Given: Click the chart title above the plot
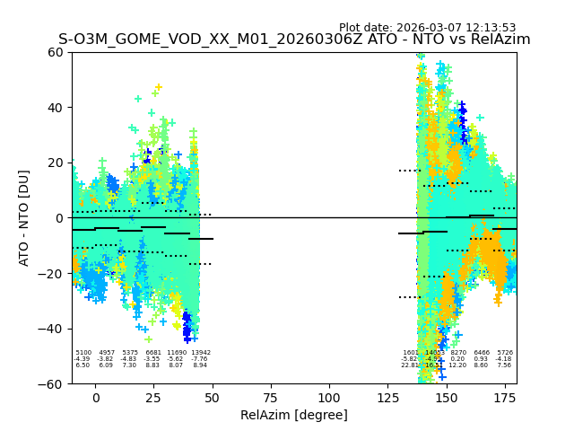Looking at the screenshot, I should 294,40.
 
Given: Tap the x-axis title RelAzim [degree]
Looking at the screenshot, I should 294,415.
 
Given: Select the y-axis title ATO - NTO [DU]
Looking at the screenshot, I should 24,217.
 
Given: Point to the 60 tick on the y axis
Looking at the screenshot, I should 57,52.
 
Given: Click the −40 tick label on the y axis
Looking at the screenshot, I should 52,329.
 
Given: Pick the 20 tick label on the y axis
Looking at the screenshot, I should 57,163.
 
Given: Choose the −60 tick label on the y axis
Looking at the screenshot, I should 52,383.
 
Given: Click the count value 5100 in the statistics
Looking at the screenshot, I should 83,353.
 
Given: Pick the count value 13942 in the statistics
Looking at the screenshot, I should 201,353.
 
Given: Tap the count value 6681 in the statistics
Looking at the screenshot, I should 153,353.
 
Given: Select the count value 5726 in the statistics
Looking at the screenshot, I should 505,353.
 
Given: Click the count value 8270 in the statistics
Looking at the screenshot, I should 458,353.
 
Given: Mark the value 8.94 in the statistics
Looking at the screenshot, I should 200,365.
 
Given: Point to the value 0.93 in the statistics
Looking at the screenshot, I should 482,359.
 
